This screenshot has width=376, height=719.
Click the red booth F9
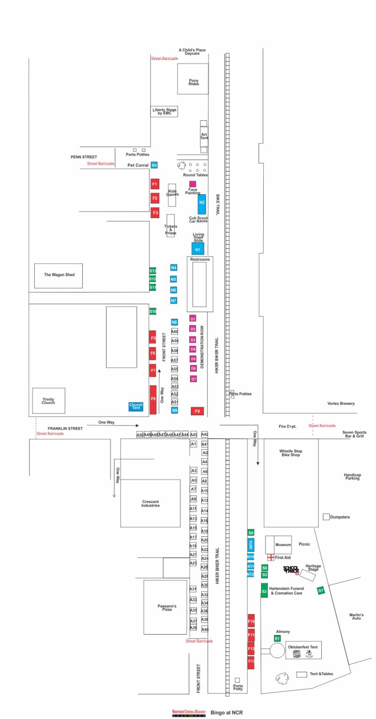point(197,411)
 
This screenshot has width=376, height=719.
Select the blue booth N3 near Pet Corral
point(154,165)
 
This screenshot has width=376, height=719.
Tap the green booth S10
point(153,311)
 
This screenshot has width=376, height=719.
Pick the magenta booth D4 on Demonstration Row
point(193,349)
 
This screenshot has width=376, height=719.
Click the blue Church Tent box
point(136,407)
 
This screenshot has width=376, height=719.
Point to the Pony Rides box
point(193,79)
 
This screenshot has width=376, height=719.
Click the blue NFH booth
point(251,545)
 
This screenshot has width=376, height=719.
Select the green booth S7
point(321,591)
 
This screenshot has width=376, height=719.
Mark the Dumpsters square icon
point(326,517)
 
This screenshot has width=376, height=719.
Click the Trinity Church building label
point(48,401)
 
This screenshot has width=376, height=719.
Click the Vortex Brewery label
point(341,404)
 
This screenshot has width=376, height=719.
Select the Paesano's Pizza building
point(165,607)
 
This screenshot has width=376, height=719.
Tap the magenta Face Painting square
point(192,184)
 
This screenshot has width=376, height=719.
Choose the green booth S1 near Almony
point(277,638)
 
